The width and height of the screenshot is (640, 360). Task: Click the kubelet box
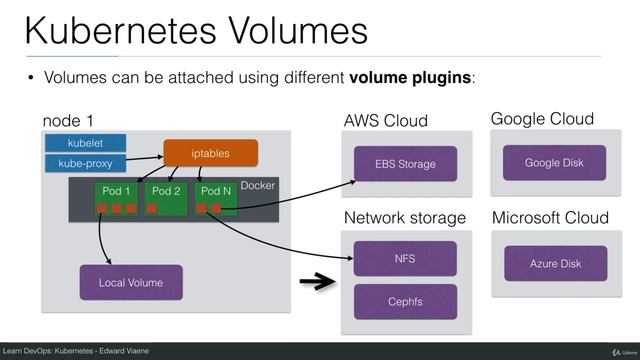point(85,142)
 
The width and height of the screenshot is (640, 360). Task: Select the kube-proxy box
point(85,162)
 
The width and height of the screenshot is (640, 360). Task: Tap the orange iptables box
point(210,153)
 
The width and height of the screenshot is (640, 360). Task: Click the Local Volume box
point(131,283)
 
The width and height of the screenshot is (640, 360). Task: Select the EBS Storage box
point(405,163)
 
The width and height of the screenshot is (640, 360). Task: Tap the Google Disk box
point(553,162)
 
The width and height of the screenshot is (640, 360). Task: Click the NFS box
point(405,258)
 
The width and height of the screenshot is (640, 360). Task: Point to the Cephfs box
point(405,301)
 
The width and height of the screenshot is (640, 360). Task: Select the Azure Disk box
point(555,263)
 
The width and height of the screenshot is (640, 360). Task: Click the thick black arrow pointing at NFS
point(318,283)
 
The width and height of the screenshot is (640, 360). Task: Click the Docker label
point(257,186)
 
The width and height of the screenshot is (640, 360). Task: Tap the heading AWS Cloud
point(385,121)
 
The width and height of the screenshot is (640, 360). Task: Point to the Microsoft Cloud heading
point(551,217)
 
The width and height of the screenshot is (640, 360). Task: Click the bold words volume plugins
point(410,78)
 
